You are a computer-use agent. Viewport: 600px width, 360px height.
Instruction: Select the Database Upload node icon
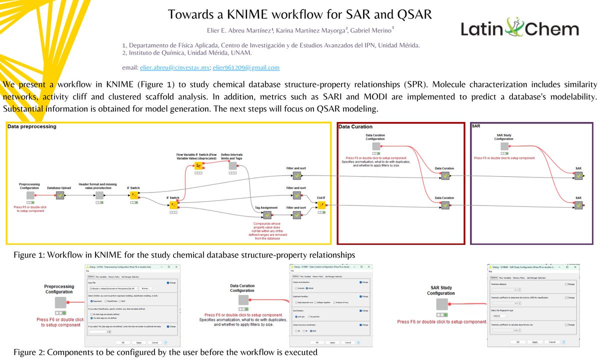60,195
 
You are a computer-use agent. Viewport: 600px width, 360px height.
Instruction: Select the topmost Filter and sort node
296,176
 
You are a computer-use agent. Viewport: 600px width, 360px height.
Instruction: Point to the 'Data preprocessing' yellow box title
31,127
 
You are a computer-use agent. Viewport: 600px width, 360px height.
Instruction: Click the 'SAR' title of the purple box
476,127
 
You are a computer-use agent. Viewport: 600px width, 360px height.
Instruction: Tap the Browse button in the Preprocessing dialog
145,288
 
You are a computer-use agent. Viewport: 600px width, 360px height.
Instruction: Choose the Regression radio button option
90,301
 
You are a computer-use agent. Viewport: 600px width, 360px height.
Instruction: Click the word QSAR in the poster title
410,14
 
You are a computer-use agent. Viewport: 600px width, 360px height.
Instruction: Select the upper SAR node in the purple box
578,175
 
